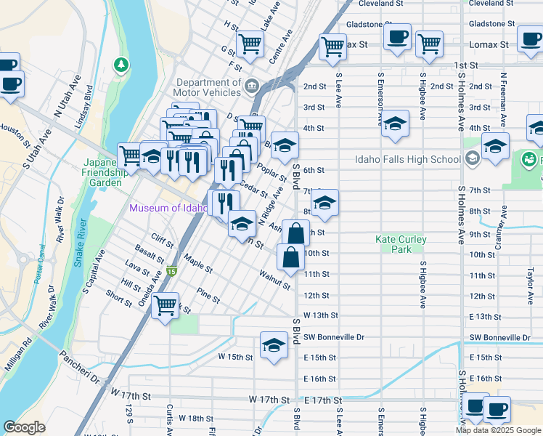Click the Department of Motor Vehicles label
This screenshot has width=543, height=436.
point(207,87)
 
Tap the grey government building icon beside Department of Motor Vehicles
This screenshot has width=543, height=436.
point(252,86)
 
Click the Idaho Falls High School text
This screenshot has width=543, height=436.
point(407,160)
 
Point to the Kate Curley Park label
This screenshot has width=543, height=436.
point(401,244)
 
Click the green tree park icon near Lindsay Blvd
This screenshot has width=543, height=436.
point(121,65)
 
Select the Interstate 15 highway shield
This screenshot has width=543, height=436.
point(171,271)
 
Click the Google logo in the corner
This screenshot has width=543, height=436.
point(25,427)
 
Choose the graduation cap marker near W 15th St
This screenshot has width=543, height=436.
point(274,344)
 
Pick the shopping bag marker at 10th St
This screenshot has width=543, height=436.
point(290,258)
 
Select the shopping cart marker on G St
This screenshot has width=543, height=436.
point(250,44)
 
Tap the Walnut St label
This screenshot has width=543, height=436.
point(275,280)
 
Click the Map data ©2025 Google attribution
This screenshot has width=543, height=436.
point(498,430)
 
